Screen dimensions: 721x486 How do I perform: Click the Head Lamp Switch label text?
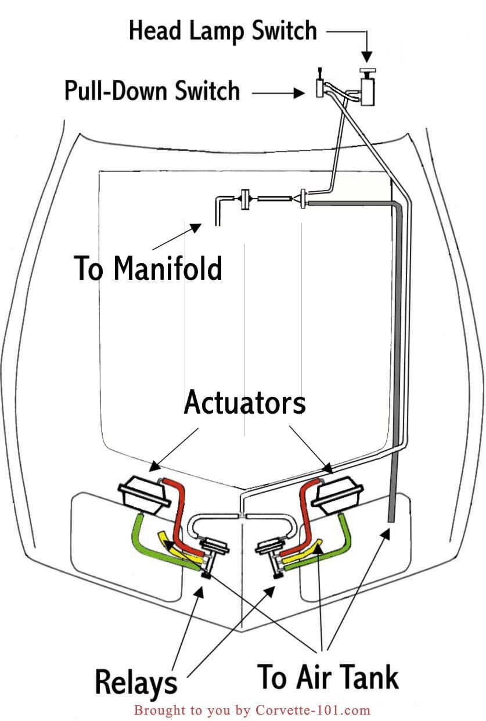[222, 30]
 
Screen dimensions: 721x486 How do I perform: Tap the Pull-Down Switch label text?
[152, 91]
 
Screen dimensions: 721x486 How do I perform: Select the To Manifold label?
[148, 268]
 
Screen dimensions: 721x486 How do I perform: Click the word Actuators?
[244, 403]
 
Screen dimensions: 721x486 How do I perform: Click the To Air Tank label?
[327, 677]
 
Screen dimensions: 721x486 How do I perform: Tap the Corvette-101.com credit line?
[251, 710]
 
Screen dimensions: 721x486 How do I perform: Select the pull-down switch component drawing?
[319, 87]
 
